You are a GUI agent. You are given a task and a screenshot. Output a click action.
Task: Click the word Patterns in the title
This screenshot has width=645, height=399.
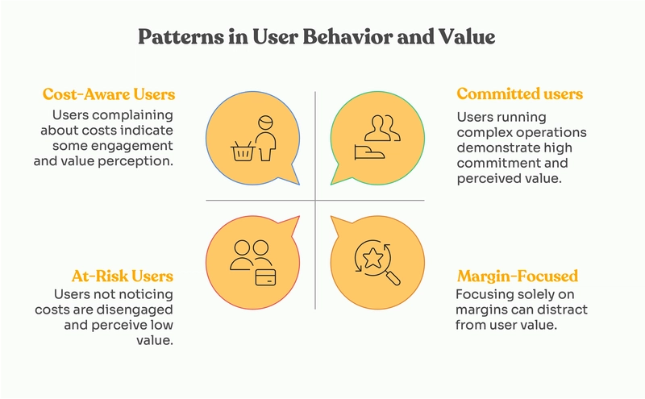(181, 37)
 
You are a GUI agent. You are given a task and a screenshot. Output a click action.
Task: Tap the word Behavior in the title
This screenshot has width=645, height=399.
(347, 37)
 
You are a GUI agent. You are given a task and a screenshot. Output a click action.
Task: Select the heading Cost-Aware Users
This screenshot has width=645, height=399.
(109, 94)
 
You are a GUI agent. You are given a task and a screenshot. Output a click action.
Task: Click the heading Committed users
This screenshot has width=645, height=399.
(519, 94)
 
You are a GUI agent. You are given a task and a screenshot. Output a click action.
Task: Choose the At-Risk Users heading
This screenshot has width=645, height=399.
(123, 276)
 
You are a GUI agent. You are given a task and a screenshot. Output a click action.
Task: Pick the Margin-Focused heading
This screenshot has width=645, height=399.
(518, 276)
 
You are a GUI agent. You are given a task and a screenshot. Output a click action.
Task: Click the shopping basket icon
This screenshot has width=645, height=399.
(243, 151)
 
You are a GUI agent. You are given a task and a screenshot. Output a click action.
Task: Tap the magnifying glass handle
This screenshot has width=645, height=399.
(392, 277)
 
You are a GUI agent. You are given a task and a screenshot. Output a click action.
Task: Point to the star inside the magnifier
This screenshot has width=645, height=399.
(372, 258)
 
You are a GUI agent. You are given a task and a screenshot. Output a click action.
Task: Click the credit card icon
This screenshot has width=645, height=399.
(266, 276)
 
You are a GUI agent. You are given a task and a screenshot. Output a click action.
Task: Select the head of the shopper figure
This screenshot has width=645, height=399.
(266, 123)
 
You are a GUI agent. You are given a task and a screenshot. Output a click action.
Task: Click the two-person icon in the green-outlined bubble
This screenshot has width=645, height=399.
(381, 128)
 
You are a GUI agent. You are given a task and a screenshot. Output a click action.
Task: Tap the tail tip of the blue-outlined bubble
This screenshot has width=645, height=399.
(299, 185)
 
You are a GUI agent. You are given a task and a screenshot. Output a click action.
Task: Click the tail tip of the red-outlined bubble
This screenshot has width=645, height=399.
(299, 216)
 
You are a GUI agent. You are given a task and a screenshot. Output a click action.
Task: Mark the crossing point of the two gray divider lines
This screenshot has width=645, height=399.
(315, 201)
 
